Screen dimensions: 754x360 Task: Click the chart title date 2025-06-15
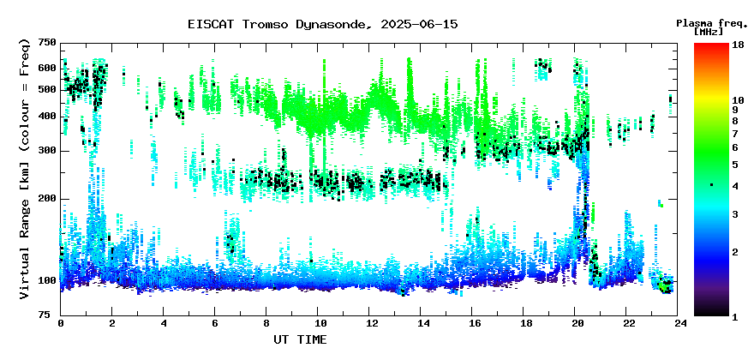[419, 24]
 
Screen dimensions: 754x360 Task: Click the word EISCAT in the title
[211, 24]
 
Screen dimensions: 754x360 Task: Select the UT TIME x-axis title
[300, 339]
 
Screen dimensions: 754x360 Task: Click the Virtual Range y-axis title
[25, 169]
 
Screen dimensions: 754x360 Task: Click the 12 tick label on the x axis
[368, 324]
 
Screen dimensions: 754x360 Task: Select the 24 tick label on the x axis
[678, 324]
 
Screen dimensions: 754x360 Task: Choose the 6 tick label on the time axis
[214, 324]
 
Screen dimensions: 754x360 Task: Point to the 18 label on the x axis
[524, 324]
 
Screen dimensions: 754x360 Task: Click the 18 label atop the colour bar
[738, 45]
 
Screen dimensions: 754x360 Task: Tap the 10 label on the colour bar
[738, 100]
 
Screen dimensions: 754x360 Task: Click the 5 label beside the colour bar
[735, 165]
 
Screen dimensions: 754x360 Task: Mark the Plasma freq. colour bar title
[712, 23]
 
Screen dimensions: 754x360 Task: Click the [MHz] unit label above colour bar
[709, 32]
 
